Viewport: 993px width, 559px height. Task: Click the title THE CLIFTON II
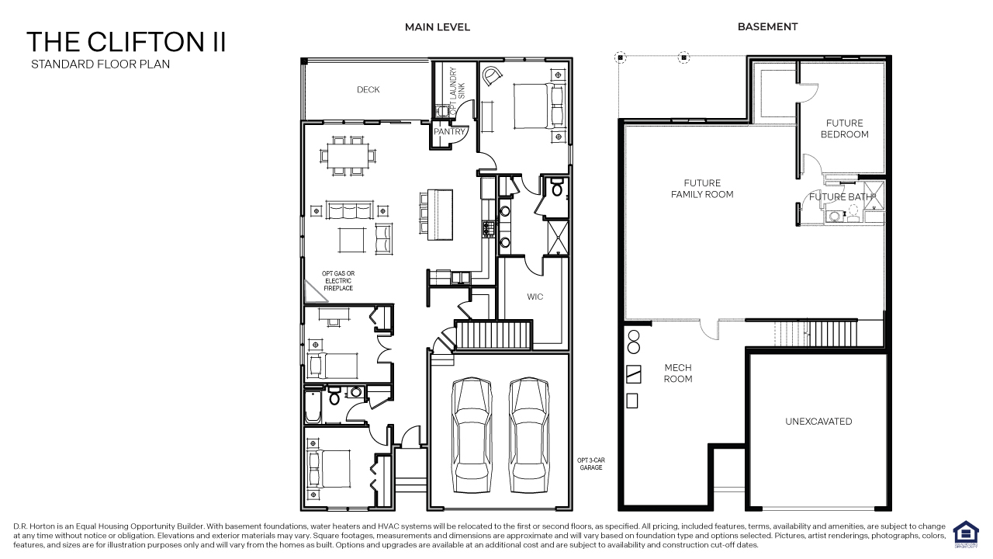click(126, 42)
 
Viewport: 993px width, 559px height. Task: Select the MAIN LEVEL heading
click(437, 27)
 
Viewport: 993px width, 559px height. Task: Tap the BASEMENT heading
click(767, 27)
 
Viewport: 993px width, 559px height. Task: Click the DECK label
click(368, 90)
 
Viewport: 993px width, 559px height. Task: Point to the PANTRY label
click(449, 132)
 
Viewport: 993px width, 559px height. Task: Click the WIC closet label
click(535, 297)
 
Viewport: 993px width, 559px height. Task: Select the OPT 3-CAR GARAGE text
click(591, 464)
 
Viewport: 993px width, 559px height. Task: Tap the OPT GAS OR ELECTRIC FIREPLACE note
click(338, 281)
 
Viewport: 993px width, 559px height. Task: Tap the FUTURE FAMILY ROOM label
click(702, 189)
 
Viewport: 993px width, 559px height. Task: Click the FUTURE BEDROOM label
click(844, 129)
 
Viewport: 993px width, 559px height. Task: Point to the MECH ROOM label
click(677, 373)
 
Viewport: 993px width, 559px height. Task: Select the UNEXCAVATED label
click(818, 422)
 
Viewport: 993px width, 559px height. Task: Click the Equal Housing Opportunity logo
click(965, 534)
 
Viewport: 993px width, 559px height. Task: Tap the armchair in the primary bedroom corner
click(492, 76)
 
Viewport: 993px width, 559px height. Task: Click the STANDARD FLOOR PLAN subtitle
click(100, 64)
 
